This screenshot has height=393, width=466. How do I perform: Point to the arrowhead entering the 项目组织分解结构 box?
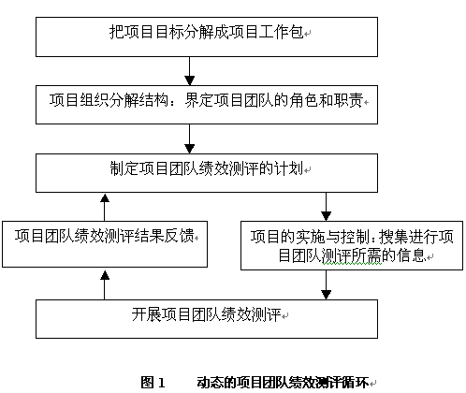[190, 80]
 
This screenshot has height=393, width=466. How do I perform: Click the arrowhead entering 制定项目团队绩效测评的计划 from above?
[190, 149]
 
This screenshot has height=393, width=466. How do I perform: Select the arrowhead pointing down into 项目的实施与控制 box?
[326, 216]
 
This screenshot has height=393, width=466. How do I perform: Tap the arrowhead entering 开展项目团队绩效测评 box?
[326, 295]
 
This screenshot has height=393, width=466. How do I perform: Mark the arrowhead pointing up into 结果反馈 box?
[105, 274]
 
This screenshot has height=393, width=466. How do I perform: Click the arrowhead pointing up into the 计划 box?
[105, 197]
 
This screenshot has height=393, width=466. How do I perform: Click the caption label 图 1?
[153, 382]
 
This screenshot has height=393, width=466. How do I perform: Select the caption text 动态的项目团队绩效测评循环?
[283, 382]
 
